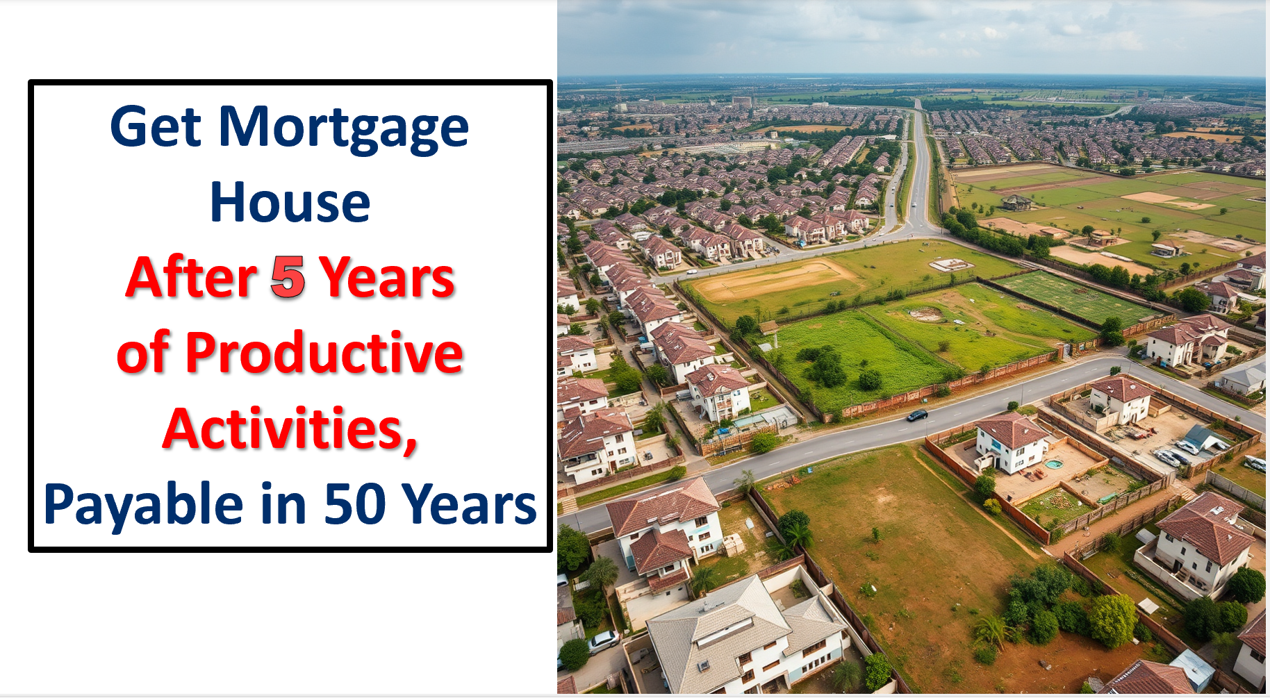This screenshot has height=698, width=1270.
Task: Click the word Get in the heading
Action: pyautogui.click(x=156, y=127)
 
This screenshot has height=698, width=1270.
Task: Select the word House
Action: pyautogui.click(x=290, y=202)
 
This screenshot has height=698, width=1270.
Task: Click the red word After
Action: pyautogui.click(x=192, y=277)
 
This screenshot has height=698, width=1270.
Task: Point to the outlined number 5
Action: pyautogui.click(x=288, y=277)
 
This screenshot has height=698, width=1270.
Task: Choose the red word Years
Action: pyautogui.click(x=387, y=277)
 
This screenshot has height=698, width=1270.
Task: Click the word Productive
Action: pyautogui.click(x=324, y=353)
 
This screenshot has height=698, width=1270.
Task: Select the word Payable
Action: pyautogui.click(x=143, y=506)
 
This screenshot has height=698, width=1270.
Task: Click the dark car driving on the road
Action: pyautogui.click(x=917, y=415)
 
